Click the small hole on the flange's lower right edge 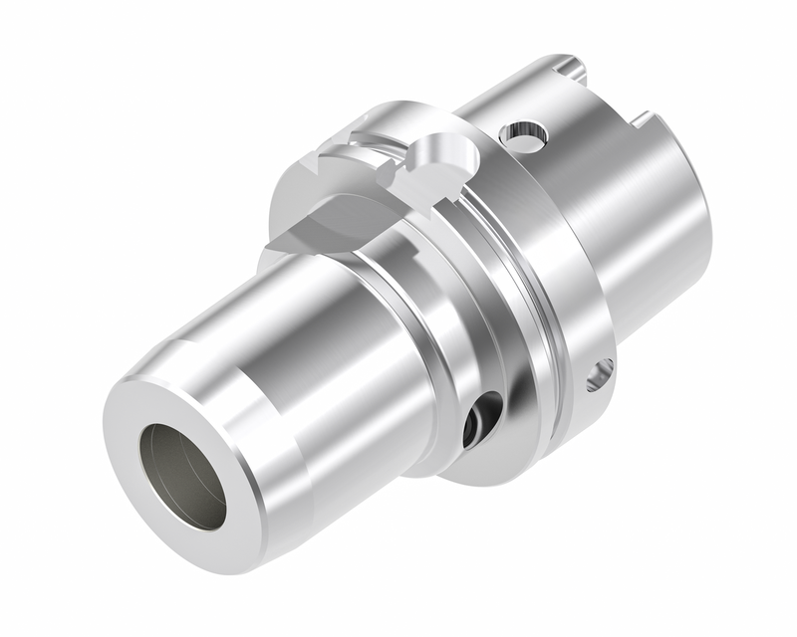click(600, 374)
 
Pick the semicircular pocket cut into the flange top click(441, 154)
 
